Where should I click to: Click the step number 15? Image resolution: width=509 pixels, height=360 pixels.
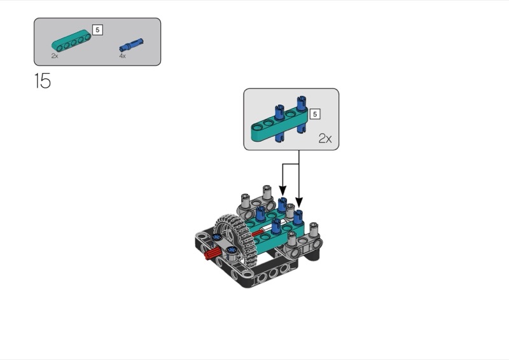coord(42,81)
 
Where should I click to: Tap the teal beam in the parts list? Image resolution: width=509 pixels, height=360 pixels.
coord(71,43)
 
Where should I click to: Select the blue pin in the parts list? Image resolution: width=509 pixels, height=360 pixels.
coord(131,46)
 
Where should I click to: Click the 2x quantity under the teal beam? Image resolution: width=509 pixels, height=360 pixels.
coord(55,56)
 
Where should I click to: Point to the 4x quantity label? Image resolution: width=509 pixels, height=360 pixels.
coord(122,56)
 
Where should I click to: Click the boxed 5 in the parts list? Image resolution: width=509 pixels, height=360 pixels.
coord(97,29)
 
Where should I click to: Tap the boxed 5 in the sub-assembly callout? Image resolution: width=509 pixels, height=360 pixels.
coord(314,114)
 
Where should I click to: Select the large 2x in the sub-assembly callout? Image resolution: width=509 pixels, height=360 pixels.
coord(324,138)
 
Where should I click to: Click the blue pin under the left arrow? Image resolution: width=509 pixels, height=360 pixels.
coord(282,205)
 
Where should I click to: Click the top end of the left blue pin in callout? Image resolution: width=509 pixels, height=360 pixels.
coord(279,108)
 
